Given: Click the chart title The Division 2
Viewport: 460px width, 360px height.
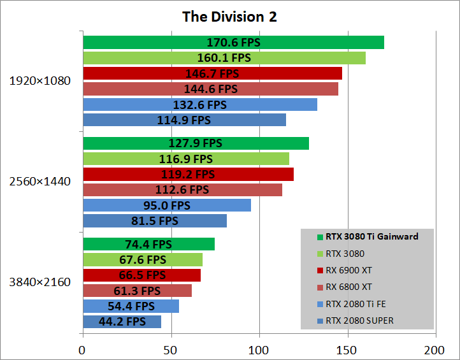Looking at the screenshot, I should [x=229, y=17].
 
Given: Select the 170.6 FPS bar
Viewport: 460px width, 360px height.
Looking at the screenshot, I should [x=233, y=43].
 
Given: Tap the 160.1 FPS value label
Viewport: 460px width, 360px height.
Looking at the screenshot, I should [x=224, y=58].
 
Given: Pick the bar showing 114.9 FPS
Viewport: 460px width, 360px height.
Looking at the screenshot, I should [x=184, y=120].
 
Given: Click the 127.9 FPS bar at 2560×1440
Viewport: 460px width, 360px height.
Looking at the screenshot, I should [x=196, y=143].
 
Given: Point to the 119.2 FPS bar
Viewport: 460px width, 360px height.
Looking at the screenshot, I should [x=188, y=174].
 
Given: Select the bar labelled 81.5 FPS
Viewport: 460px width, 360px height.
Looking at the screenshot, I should [x=155, y=220].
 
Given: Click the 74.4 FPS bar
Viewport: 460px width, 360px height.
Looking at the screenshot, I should [x=148, y=244].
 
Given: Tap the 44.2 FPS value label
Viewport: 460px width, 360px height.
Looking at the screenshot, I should [x=122, y=322].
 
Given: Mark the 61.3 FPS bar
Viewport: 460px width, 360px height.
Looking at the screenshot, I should [x=137, y=291].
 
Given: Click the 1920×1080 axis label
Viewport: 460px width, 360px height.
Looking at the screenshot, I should [x=40, y=81].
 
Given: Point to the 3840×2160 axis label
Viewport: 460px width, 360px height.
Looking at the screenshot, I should [x=40, y=282].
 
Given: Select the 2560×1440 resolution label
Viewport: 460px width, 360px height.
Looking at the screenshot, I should [x=40, y=182].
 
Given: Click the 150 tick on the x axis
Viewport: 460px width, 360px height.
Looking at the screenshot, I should [x=347, y=349].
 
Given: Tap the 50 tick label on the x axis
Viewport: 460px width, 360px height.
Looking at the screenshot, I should [x=171, y=349].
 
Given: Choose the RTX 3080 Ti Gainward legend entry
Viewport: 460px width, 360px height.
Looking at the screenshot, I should [x=371, y=236].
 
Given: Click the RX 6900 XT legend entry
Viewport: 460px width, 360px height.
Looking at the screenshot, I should [x=350, y=270].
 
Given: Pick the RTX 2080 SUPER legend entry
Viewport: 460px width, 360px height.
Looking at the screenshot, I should [x=359, y=320].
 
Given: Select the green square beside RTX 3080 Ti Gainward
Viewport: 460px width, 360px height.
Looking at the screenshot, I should [x=320, y=237].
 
